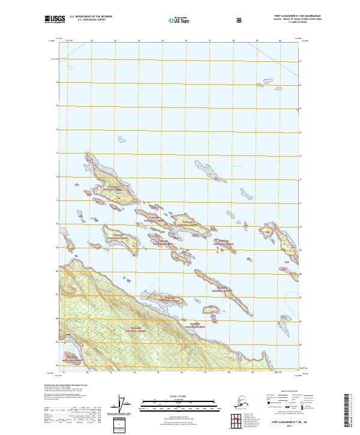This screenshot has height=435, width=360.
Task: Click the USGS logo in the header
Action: (55, 20)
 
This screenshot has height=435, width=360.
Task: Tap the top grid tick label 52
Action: (91, 41)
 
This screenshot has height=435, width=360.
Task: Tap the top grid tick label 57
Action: (209, 41)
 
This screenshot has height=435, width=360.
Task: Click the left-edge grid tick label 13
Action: (58, 154)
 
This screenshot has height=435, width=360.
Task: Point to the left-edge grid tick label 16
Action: (58, 82)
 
